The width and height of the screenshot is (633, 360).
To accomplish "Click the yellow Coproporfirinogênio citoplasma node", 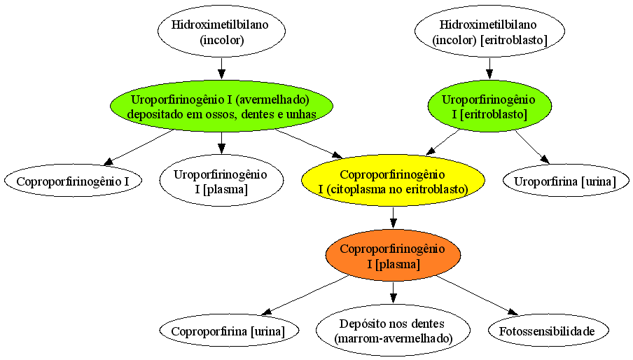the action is tap(393, 181).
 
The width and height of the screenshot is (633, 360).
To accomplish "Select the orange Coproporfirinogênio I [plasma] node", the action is tap(393, 255).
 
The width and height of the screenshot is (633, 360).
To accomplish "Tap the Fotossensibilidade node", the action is tap(548, 331).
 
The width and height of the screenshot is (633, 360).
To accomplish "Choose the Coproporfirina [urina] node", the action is tap(229, 331).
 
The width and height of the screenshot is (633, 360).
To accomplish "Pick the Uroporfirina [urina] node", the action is tap(566, 181).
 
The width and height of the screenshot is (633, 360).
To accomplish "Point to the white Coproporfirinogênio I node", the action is tap(73, 181).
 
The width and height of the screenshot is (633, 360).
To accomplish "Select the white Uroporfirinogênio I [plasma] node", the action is tap(221, 181).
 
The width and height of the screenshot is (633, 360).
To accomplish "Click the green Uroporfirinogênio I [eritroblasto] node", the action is tap(489, 106).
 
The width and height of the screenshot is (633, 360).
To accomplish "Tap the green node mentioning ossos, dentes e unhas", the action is tap(221, 106).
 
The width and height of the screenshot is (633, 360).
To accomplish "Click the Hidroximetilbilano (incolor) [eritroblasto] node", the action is tap(489, 31).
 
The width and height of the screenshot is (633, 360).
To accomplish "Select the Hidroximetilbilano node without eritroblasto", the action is tap(221, 31).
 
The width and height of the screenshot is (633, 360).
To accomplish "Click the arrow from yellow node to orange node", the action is tap(394, 218).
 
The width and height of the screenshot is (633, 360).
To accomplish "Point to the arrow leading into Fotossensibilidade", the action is tap(477, 296).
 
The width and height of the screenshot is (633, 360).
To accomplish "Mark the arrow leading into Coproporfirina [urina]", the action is tap(305, 296).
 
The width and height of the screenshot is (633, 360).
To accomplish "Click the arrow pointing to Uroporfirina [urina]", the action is tap(532, 147).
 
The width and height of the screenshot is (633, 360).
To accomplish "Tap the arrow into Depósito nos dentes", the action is tap(394, 293).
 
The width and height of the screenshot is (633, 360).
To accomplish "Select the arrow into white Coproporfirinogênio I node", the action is tap(139, 148).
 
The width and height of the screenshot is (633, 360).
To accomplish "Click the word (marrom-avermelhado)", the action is tap(394, 338).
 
